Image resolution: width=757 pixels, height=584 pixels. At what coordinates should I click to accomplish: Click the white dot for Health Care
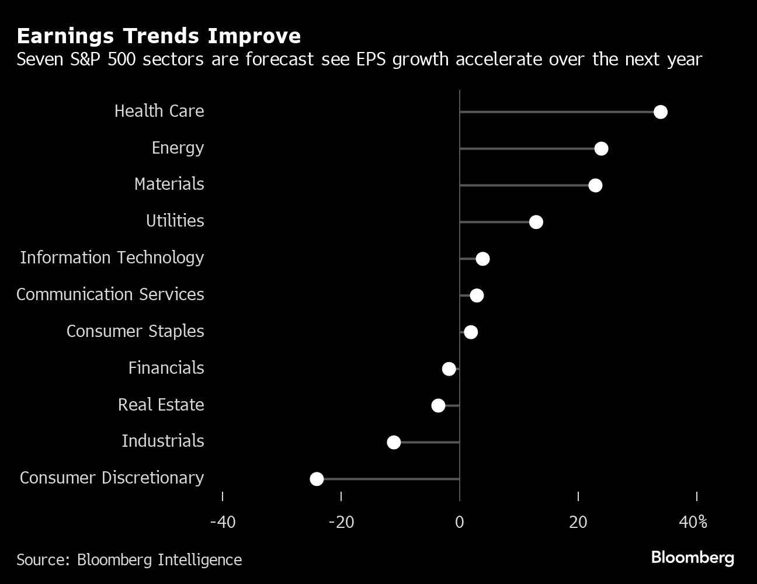pos(660,112)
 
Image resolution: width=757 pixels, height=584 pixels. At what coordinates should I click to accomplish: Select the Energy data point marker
pos(601,149)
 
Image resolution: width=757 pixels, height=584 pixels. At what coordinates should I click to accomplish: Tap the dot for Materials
pos(595,186)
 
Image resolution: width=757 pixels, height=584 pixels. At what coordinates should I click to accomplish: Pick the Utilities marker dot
pos(536,222)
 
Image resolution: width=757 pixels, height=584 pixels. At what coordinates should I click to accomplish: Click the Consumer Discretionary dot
pos(317,479)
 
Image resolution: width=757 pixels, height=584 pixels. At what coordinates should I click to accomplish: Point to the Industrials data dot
pos(394,442)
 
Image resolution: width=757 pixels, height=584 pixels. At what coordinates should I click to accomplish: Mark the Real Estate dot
pos(438,405)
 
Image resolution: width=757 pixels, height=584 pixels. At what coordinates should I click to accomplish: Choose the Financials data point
pos(449,369)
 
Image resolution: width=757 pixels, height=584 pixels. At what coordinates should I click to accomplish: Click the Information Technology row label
pos(112,258)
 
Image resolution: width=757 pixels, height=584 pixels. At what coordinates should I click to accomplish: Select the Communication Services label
pos(110,294)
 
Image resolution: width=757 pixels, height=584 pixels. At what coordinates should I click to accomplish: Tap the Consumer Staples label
pos(135,331)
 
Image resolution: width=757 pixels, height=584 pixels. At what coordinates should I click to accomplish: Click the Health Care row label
pos(159,111)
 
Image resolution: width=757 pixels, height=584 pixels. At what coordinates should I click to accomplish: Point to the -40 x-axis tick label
pos(223,522)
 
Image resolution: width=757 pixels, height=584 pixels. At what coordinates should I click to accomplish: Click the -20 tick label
pos(341,522)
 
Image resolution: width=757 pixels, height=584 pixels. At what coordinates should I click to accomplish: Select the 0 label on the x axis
pos(460,522)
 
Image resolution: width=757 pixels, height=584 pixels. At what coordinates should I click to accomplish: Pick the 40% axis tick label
pos(693,522)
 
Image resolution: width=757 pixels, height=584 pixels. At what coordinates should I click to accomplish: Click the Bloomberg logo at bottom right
pos(692,558)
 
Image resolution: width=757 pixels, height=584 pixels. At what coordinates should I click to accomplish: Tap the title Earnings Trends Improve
pos(159,36)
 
